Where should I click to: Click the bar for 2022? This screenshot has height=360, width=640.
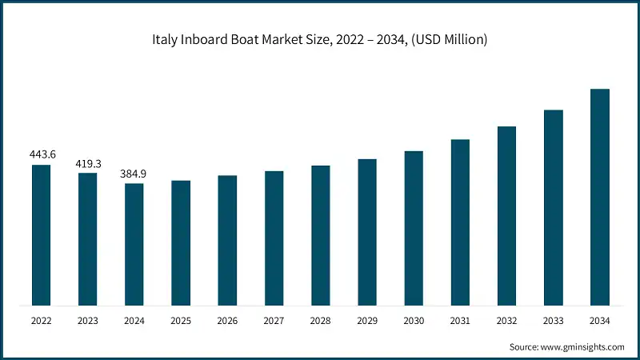(x=41, y=235)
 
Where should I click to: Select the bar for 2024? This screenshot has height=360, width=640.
(x=134, y=244)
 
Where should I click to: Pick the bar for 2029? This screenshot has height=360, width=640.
(x=367, y=232)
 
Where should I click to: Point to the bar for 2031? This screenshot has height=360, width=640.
(x=460, y=222)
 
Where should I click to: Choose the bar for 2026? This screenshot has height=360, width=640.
(x=227, y=240)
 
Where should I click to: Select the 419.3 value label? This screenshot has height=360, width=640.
(x=87, y=163)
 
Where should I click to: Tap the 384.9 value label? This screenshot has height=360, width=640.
(x=134, y=174)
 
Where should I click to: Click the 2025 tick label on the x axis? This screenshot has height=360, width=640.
(x=181, y=321)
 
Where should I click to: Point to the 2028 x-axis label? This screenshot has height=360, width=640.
(x=321, y=321)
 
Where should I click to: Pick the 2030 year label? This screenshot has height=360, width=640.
(x=414, y=321)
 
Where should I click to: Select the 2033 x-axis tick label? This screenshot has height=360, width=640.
(x=554, y=321)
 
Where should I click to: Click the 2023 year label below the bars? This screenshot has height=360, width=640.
(x=87, y=321)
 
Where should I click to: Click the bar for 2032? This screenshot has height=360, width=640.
(x=506, y=216)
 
